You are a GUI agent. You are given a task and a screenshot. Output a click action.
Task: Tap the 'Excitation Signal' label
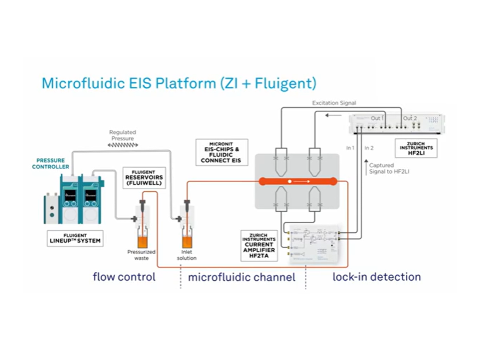(334, 103)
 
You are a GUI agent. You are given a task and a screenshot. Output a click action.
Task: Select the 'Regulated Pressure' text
(123, 135)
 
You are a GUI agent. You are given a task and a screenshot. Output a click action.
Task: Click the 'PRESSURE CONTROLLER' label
(51, 163)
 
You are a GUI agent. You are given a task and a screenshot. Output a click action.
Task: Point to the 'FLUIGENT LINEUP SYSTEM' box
(75, 238)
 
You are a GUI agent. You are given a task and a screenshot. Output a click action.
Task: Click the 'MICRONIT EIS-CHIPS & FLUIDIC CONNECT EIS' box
(221, 152)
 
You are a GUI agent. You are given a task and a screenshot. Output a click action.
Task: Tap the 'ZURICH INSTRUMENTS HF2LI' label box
(416, 148)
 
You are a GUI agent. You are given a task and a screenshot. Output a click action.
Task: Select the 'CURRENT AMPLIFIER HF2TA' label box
(259, 245)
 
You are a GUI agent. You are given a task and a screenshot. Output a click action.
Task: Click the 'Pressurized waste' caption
(141, 255)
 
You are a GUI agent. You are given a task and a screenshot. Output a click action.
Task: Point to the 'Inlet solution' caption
(187, 255)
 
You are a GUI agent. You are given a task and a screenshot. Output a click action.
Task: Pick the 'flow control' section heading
(124, 277)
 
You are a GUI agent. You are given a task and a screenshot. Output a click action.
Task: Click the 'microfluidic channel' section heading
(242, 277)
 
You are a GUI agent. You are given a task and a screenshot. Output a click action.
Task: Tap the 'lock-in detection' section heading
(377, 277)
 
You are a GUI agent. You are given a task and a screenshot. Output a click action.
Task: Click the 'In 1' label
(350, 147)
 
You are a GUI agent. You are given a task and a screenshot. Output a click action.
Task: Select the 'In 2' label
(369, 147)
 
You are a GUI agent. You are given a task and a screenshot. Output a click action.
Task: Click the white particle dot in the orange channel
(290, 181)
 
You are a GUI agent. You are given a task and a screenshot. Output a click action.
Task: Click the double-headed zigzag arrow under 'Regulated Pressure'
(123, 145)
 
